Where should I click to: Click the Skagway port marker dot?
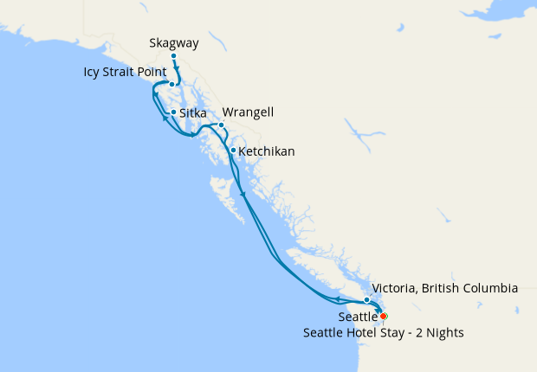coord(174,56)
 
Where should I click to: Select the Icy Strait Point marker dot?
coord(172,85)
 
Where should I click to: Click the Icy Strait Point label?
coord(125,72)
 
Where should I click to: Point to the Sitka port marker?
coord(174,112)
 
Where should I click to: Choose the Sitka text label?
coord(193,112)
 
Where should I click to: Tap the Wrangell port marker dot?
coord(222,125)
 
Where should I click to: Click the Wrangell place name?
coord(249,112)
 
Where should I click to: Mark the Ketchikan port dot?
coord(233,151)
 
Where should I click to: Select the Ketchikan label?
coord(267,151)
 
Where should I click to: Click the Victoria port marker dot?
coord(367,300)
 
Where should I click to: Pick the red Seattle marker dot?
coord(384,317)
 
